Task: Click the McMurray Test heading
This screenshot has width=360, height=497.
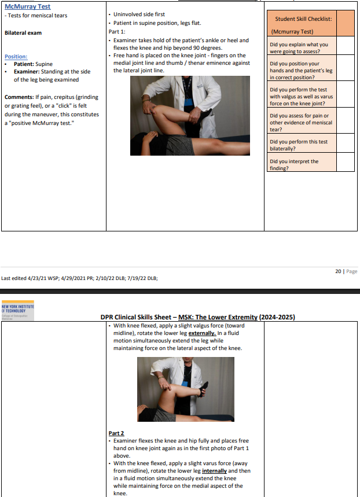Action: click(27, 7)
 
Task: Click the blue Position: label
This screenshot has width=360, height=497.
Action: click(16, 57)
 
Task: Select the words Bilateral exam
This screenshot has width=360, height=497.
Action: click(23, 33)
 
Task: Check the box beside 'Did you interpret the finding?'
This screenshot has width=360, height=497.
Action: click(345, 164)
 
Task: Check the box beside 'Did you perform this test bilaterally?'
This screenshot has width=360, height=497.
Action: click(345, 143)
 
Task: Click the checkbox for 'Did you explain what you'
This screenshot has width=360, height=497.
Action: click(345, 47)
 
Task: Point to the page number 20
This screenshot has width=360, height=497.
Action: click(338, 271)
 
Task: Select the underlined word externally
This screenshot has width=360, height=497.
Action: click(200, 333)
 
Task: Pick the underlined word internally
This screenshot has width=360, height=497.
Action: click(214, 471)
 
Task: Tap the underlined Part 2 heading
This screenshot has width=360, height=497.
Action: click(116, 433)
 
